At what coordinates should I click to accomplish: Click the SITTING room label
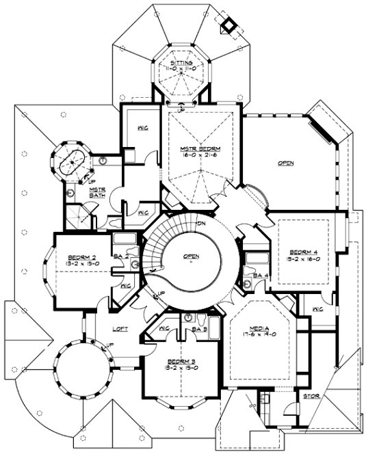click(x=183, y=62)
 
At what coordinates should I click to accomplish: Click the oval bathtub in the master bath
click(x=69, y=163)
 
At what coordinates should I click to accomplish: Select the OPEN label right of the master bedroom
click(x=286, y=163)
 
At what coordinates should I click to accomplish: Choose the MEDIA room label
click(x=261, y=327)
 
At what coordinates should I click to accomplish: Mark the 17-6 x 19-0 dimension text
click(x=261, y=334)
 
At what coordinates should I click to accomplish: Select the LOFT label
click(x=121, y=329)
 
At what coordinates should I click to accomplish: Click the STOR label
click(x=310, y=396)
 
